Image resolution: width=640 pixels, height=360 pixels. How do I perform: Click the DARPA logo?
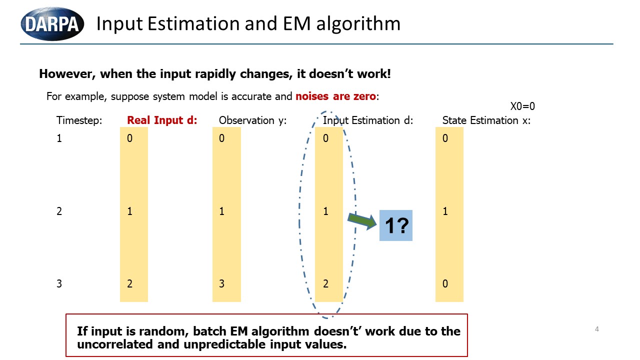pyautogui.click(x=52, y=23)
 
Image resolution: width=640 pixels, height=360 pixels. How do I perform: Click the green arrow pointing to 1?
pyautogui.click(x=362, y=221)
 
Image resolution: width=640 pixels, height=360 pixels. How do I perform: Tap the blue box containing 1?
pyautogui.click(x=395, y=225)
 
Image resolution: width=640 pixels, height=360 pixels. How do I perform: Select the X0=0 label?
pyautogui.click(x=522, y=106)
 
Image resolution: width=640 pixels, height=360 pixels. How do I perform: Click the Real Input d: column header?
pyautogui.click(x=162, y=120)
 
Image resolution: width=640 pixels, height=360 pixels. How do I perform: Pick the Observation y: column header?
pyautogui.click(x=252, y=120)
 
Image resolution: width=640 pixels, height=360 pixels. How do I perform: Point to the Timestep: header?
pyautogui.click(x=79, y=120)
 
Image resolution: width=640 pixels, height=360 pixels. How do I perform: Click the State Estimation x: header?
pyautogui.click(x=486, y=120)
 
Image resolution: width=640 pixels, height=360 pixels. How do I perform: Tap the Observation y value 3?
pyautogui.click(x=221, y=283)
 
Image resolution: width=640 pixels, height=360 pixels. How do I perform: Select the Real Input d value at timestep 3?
pyautogui.click(x=129, y=283)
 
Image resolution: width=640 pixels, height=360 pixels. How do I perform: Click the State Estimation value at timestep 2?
pyautogui.click(x=445, y=211)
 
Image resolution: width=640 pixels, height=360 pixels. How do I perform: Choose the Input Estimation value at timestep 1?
pyautogui.click(x=325, y=138)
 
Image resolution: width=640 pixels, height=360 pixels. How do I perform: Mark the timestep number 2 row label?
pyautogui.click(x=59, y=211)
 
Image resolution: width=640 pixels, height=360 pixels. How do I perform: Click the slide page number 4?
pyautogui.click(x=597, y=329)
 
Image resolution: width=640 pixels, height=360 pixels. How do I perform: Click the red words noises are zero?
pyautogui.click(x=335, y=96)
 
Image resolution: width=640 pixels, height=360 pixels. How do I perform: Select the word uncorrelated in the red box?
pyautogui.click(x=115, y=344)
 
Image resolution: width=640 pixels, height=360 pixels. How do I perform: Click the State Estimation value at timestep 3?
pyautogui.click(x=445, y=283)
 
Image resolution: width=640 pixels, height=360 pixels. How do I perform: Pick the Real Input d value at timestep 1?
pyautogui.click(x=129, y=138)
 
